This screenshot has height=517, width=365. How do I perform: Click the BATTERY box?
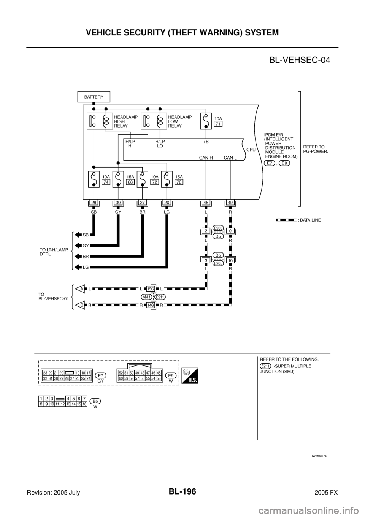point(93,97)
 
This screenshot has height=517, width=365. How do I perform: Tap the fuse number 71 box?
point(218,124)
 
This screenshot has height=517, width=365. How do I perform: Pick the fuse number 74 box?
point(106,182)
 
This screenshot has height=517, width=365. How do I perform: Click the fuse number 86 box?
point(130,182)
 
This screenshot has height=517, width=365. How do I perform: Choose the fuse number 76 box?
point(179,182)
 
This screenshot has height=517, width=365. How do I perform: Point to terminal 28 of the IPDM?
point(94,203)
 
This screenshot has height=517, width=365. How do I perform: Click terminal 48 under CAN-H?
point(206,203)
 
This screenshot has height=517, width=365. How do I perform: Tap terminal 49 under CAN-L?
point(230,203)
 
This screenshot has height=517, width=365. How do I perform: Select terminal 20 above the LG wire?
point(167,203)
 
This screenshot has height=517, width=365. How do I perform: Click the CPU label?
point(251,150)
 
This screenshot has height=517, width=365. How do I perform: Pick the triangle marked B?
point(79,305)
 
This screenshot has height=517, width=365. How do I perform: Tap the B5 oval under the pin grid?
point(95,401)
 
